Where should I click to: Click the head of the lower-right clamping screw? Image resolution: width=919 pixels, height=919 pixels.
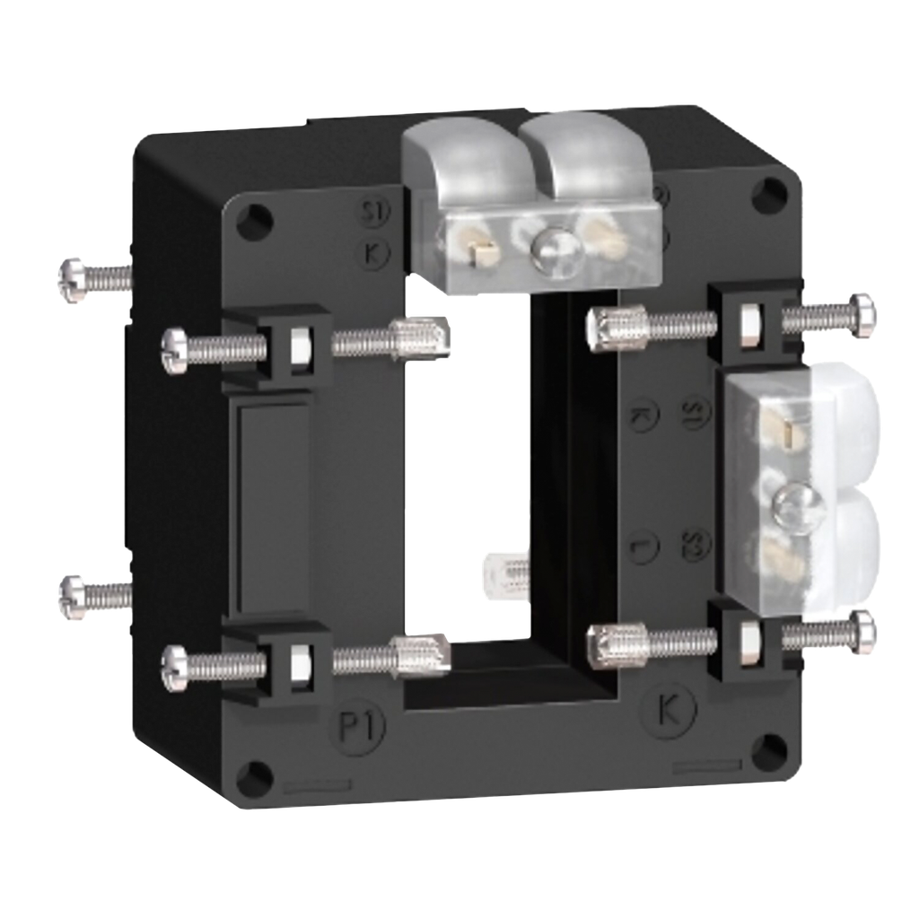(863, 634)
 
